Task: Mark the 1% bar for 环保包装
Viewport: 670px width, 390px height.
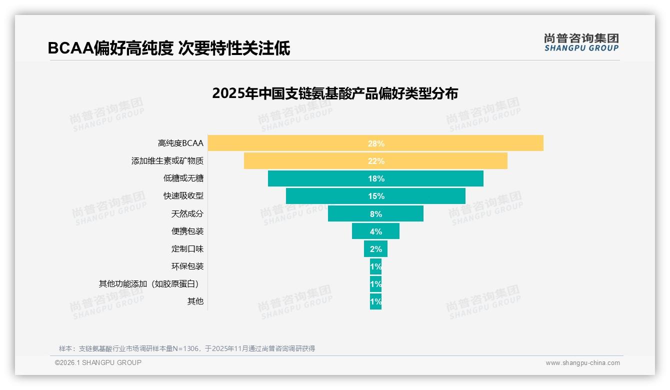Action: [x=375, y=266]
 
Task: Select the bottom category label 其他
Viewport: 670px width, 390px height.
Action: [x=195, y=301]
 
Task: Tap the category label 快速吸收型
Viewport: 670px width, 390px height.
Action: [x=183, y=196]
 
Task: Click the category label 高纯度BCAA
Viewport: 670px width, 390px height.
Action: [x=180, y=143]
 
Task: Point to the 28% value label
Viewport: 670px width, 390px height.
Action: [x=376, y=143]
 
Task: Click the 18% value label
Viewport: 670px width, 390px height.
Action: [x=376, y=178]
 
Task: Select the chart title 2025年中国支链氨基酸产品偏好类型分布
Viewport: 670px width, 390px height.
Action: [x=335, y=93]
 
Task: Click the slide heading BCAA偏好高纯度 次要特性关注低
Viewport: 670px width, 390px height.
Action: [x=169, y=48]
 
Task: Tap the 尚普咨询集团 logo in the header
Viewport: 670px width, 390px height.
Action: [x=581, y=42]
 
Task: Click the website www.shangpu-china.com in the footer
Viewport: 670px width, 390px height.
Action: [x=582, y=363]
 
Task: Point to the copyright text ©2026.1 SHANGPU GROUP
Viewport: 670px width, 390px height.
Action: [x=98, y=362]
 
